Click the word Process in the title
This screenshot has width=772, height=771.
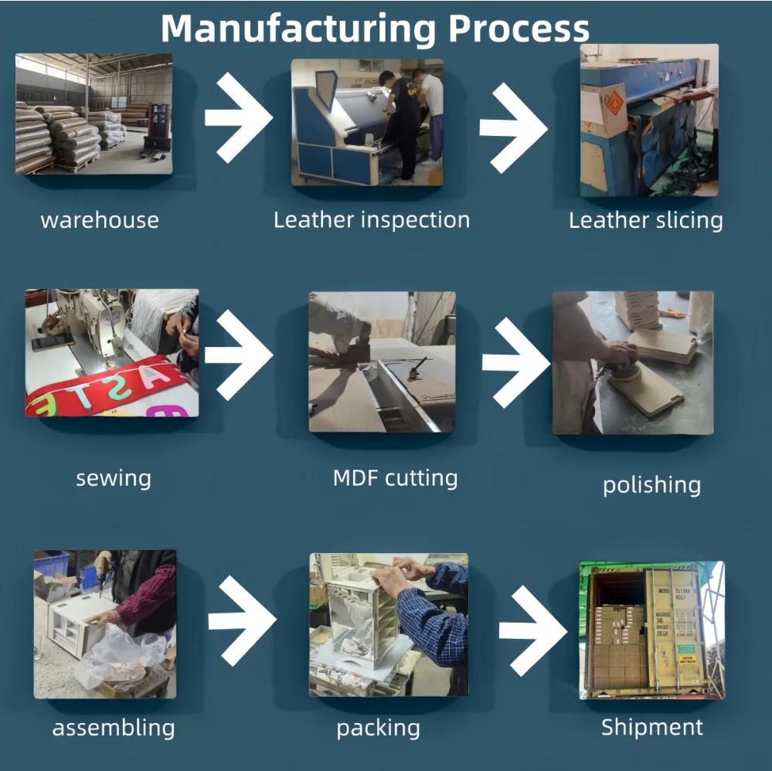(x=519, y=29)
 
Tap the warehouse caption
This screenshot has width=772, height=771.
(x=100, y=220)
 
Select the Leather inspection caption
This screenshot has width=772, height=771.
(x=372, y=220)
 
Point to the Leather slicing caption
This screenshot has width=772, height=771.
(x=646, y=220)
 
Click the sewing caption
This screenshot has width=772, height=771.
(x=114, y=479)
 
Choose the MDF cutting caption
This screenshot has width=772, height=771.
(x=395, y=478)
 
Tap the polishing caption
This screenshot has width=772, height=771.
(x=651, y=485)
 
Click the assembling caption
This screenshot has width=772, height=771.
(x=114, y=728)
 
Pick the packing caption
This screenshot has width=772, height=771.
(x=379, y=728)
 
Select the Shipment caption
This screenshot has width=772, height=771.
(x=652, y=727)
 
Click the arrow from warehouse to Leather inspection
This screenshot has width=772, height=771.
(x=238, y=117)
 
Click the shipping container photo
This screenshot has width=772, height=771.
(x=651, y=630)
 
